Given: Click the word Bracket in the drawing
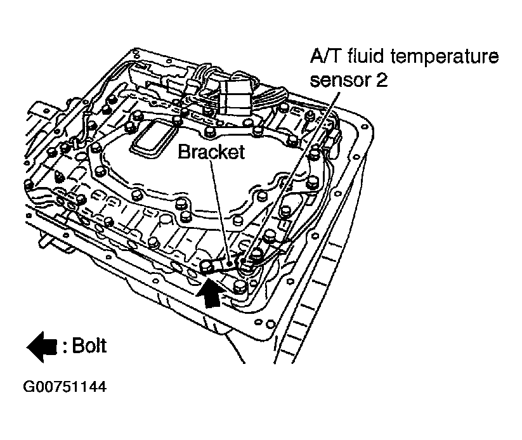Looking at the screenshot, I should (x=211, y=152).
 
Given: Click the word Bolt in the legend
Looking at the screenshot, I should (x=89, y=346).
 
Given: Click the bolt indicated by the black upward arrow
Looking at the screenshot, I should (x=207, y=266).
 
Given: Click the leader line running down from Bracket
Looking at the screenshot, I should (x=219, y=209).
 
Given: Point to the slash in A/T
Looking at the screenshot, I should (x=324, y=57).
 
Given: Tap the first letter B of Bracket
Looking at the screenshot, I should (x=183, y=152).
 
